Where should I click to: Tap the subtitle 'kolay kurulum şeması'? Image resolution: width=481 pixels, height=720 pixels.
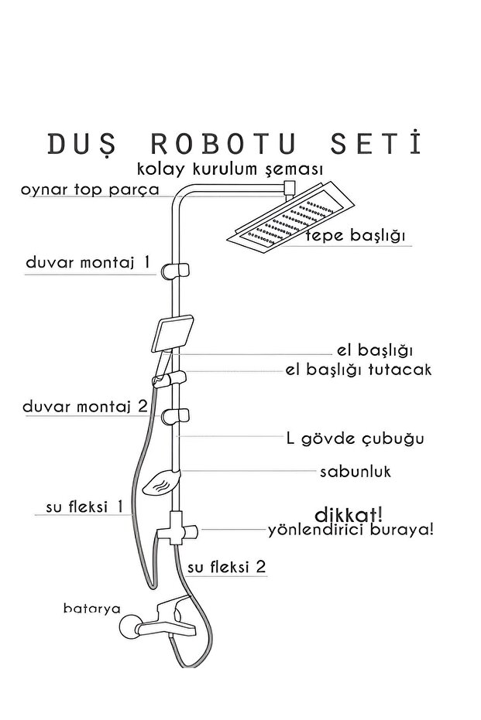[x=229, y=169]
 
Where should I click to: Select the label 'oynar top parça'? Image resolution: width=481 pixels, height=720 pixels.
[x=91, y=189]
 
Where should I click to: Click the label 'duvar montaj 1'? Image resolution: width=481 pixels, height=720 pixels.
[x=88, y=263]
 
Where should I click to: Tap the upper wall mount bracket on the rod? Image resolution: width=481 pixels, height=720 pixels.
[x=176, y=270]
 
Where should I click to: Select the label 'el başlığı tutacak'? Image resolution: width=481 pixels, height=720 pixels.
[x=358, y=370]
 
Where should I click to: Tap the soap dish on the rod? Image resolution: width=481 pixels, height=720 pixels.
[x=160, y=483]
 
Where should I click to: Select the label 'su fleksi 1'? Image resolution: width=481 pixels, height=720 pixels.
[x=85, y=507]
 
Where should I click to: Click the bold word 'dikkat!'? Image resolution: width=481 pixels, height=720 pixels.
[x=349, y=514]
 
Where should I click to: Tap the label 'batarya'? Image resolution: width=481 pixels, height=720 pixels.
[x=91, y=608]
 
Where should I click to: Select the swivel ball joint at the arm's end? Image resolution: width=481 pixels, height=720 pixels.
[x=290, y=186]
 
